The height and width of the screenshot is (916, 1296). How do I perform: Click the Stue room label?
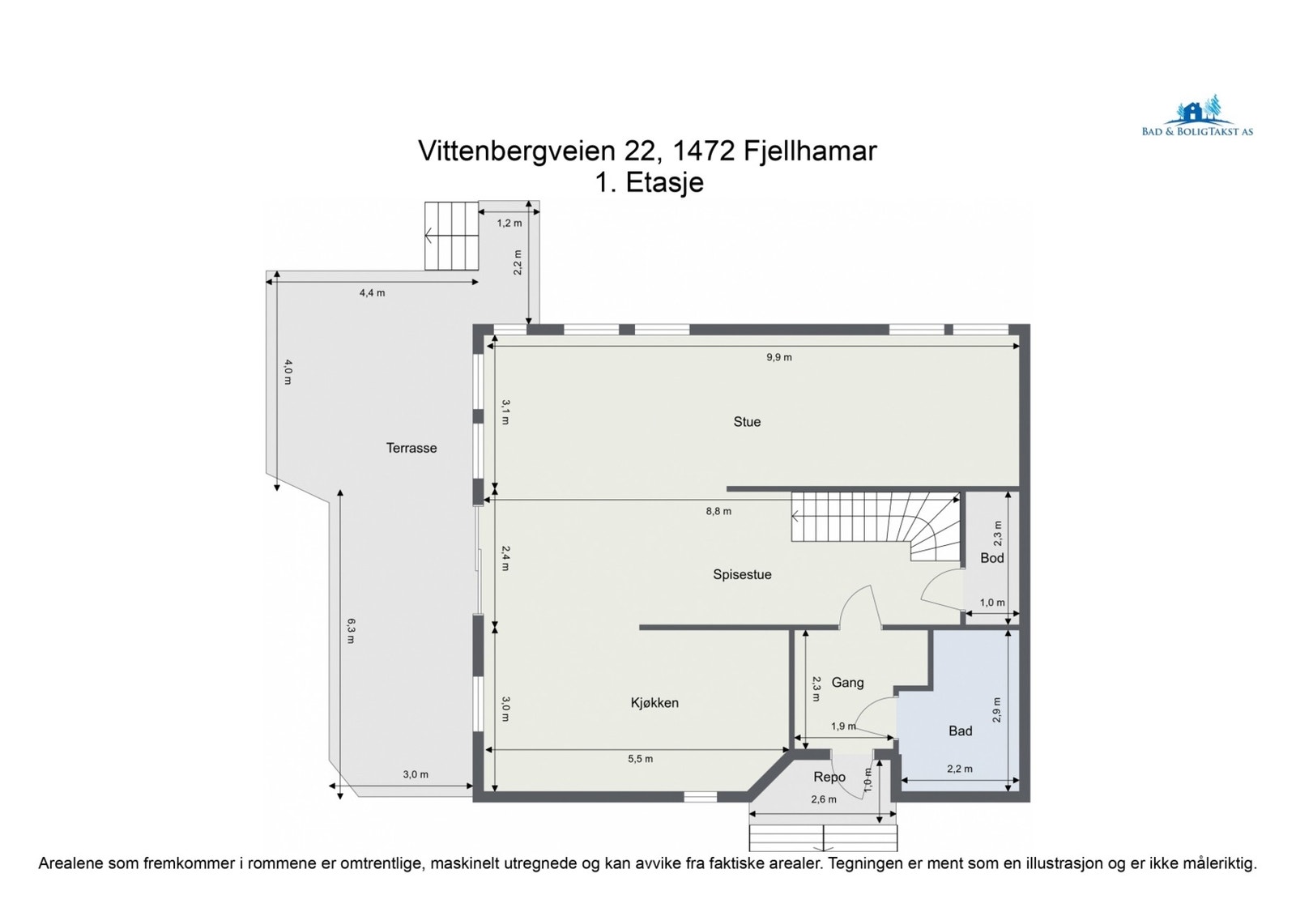click(x=746, y=422)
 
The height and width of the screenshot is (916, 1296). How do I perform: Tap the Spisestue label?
click(x=742, y=575)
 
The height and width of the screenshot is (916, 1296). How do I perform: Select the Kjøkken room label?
click(x=654, y=703)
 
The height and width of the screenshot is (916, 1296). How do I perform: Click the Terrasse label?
click(x=411, y=448)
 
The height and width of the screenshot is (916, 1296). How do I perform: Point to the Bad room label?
click(x=960, y=731)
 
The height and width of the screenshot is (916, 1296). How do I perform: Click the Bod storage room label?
click(x=991, y=558)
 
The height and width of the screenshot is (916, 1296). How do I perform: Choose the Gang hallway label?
click(x=847, y=683)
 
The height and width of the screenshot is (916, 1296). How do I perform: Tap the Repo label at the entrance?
click(x=829, y=778)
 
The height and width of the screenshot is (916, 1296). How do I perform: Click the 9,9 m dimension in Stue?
click(x=778, y=357)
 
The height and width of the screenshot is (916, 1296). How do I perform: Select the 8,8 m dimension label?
click(x=718, y=511)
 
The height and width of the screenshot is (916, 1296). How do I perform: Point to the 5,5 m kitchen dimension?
click(x=640, y=759)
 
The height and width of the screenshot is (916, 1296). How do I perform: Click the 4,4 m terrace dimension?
click(x=372, y=293)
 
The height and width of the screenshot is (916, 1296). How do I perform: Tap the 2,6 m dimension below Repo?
click(x=824, y=799)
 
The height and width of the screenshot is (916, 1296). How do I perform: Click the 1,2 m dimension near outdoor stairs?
click(x=509, y=224)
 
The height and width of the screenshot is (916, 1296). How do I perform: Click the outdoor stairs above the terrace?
click(x=451, y=236)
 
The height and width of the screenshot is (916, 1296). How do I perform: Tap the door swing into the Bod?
click(x=940, y=589)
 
